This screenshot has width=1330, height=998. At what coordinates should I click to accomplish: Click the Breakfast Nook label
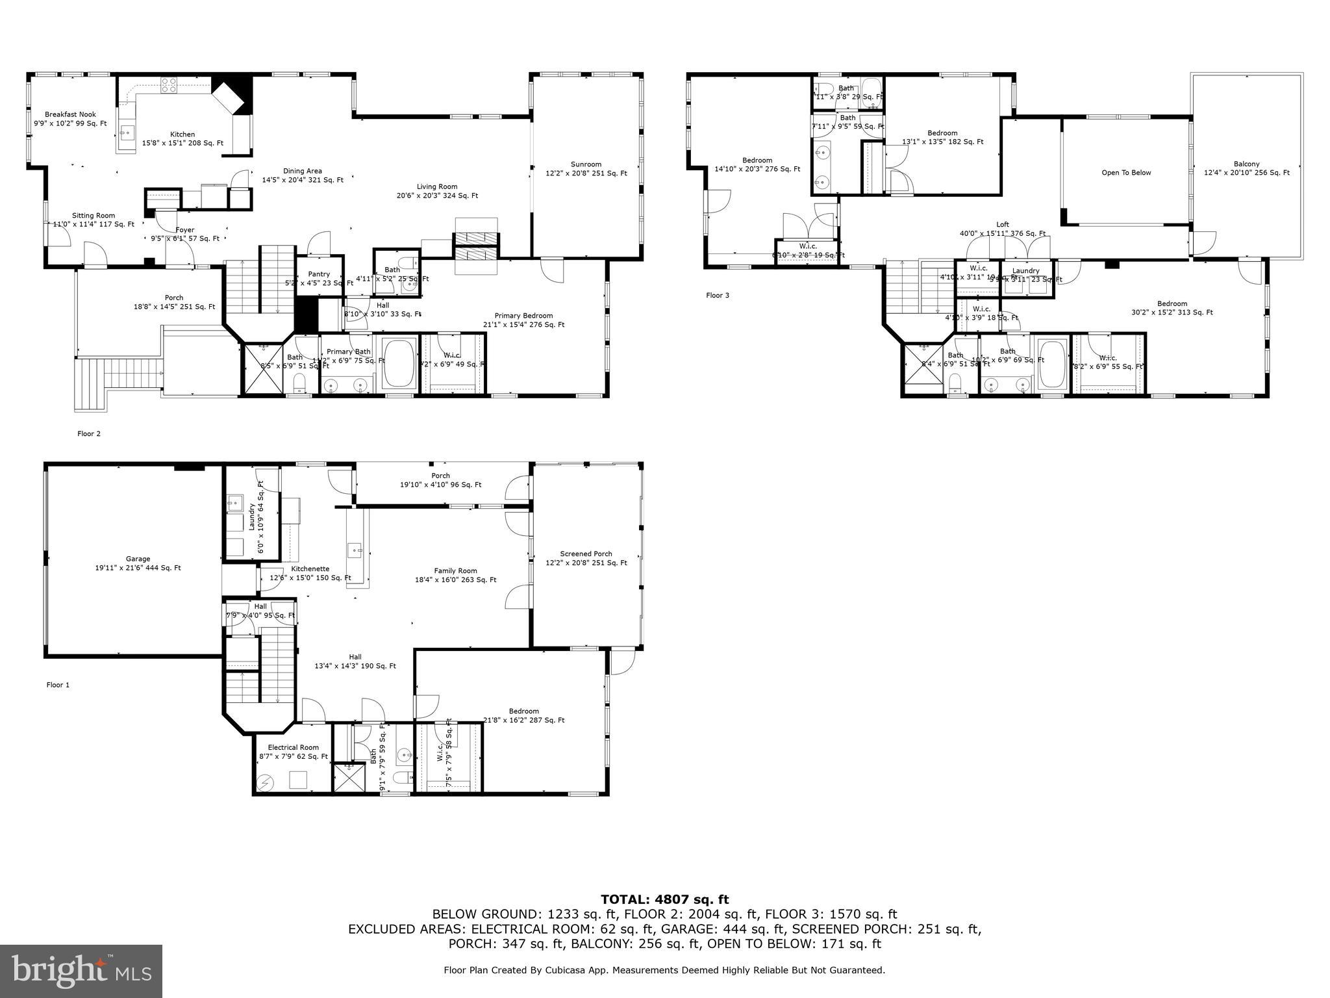point(70,114)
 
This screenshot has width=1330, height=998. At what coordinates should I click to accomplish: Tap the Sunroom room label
point(586,164)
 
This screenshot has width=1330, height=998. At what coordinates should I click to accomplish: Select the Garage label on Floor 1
point(138,559)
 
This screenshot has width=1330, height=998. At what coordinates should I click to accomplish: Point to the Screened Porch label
point(586,554)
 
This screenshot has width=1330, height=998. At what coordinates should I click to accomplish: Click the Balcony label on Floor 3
point(1246,164)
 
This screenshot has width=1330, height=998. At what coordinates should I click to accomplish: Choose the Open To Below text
point(1126,173)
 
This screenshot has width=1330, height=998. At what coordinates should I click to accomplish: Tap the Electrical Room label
point(292,747)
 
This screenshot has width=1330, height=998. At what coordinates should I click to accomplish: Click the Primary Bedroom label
point(523,316)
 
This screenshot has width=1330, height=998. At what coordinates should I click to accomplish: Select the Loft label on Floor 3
point(1002,225)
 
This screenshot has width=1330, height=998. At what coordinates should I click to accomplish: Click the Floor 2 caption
point(89,434)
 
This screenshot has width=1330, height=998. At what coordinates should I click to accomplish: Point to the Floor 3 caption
point(718,296)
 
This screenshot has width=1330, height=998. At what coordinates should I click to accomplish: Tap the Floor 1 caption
point(58,685)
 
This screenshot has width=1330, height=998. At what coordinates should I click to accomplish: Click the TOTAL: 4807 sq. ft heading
point(664,899)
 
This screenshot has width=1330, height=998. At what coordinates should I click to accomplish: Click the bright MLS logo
point(81,971)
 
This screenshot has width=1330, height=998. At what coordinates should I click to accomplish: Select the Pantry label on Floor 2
point(319,274)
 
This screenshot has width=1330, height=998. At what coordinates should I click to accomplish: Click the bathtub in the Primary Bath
point(399,363)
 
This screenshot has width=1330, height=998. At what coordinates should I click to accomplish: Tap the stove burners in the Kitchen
point(169,83)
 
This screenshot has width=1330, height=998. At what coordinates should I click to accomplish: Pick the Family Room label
point(455,571)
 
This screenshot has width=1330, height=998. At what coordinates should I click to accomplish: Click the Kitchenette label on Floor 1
point(310,569)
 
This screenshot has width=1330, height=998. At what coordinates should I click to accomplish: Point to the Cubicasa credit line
point(664,970)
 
